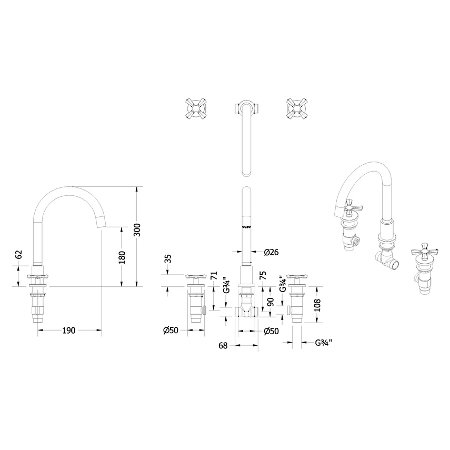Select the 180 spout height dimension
pos(122,257)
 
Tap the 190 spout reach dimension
pos(69,331)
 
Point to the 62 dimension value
pos(18,254)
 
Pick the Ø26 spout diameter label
pos(271,252)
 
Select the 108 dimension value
pos(317,305)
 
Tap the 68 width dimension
pos(223,346)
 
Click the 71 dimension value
pos(214,276)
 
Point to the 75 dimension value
pos(263,275)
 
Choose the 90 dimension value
pos(271,302)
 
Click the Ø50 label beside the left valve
pos(171,331)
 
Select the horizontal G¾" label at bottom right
pos(324,343)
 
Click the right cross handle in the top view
pos(297,108)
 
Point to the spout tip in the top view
pos(246,174)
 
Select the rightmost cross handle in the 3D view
pos(423,251)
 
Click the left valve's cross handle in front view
pos(196,277)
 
